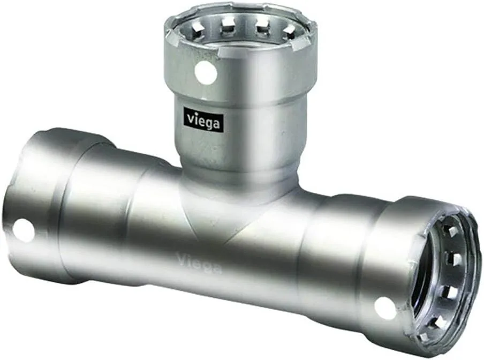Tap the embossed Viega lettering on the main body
(x=199, y=262)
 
